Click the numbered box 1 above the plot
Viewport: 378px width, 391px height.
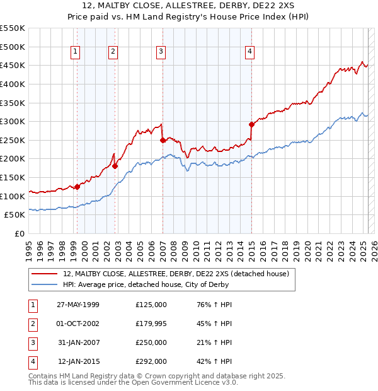click(x=76, y=52)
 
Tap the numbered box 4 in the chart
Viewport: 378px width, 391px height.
click(x=250, y=52)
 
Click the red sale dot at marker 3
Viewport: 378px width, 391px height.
click(x=163, y=140)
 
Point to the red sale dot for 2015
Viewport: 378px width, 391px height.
click(x=251, y=124)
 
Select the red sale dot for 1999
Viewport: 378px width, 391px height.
click(x=77, y=187)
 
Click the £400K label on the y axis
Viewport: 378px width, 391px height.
click(x=12, y=84)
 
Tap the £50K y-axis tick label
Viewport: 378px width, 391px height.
click(x=14, y=215)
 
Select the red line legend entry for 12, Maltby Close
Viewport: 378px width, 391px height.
click(x=176, y=274)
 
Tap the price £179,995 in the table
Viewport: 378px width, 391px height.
click(x=151, y=324)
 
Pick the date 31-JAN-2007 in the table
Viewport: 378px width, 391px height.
click(x=78, y=342)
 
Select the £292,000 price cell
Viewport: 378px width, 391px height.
click(x=151, y=361)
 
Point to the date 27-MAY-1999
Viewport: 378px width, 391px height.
click(x=78, y=305)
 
